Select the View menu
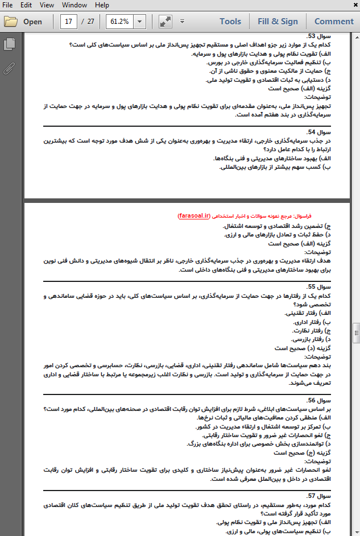click(x=47, y=5)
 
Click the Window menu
click(x=75, y=5)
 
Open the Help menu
click(x=102, y=5)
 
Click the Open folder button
click(x=24, y=22)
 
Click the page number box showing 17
click(x=69, y=22)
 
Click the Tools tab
click(x=230, y=22)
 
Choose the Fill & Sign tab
click(x=278, y=22)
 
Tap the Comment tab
click(x=334, y=22)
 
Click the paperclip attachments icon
click(x=9, y=69)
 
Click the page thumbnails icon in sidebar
click(x=9, y=44)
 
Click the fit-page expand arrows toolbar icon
click(x=165, y=22)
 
